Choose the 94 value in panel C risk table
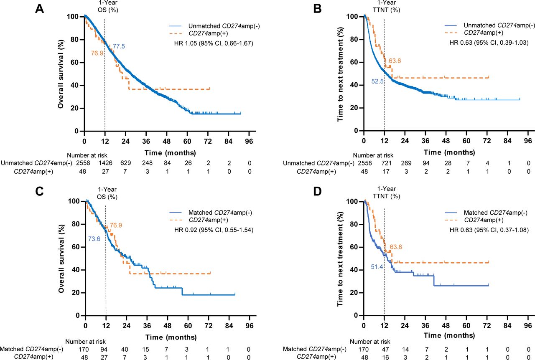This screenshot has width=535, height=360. coord(105,349)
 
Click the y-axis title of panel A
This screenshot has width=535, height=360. coord(61,74)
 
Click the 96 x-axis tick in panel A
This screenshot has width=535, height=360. coord(249,140)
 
